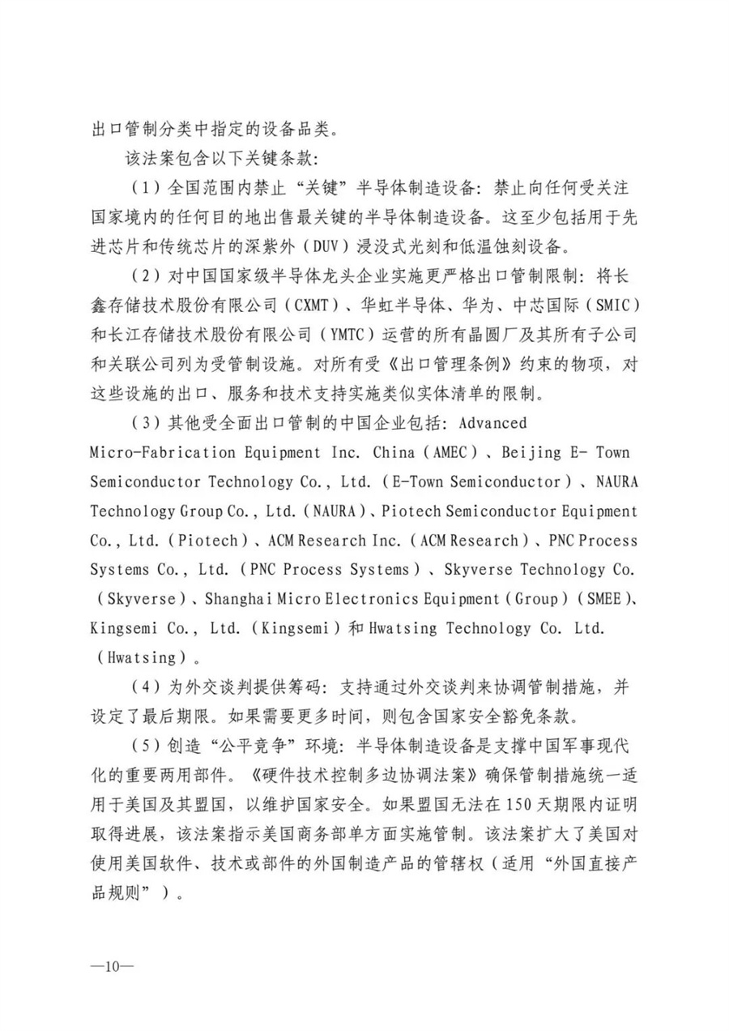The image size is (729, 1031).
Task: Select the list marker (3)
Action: (x=143, y=423)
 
